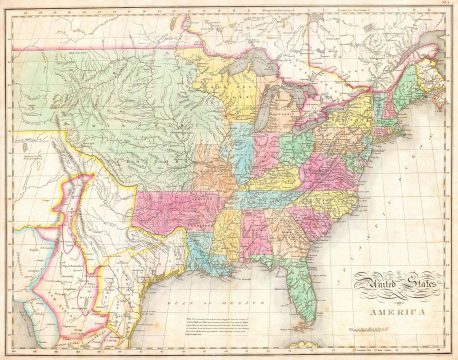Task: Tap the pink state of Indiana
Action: (x=265, y=150)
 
